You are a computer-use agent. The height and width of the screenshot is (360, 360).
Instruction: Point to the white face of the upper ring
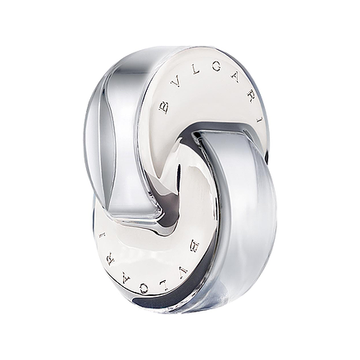point(209,98)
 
